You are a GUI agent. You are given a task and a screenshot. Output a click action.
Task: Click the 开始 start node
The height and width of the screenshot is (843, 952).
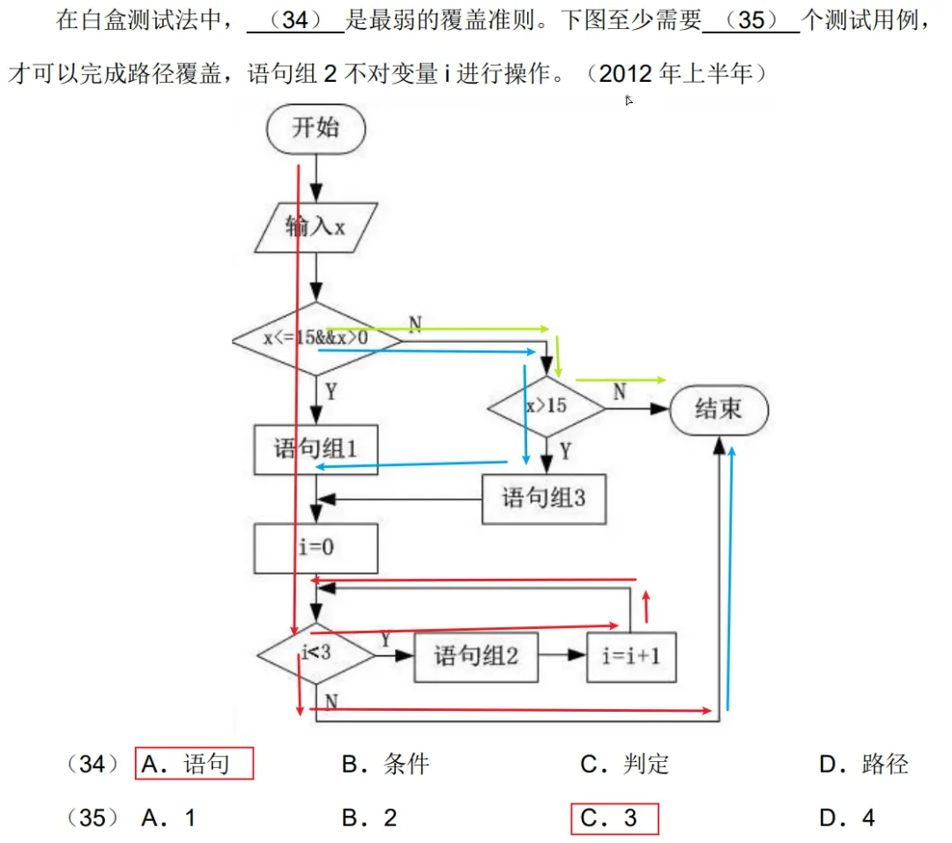(x=315, y=129)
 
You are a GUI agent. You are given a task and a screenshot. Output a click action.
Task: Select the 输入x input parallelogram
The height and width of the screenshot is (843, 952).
(x=315, y=226)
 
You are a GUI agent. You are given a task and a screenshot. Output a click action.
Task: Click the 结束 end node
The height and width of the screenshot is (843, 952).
(x=718, y=410)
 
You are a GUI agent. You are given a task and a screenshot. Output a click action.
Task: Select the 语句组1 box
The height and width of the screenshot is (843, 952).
(x=316, y=450)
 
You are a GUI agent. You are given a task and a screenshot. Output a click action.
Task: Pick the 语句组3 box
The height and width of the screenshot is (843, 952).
(x=544, y=499)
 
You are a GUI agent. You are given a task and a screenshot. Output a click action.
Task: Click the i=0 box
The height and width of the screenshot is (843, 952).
(x=316, y=548)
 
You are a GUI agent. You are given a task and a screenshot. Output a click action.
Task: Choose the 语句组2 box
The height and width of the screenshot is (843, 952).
(x=475, y=656)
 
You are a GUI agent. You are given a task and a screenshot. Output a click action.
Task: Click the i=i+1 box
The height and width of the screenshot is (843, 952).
(x=631, y=656)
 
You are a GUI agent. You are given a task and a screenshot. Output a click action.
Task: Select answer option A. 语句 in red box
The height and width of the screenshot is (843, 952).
(x=194, y=764)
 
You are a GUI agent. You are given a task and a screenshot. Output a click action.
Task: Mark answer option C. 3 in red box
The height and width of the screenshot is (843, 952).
(x=614, y=818)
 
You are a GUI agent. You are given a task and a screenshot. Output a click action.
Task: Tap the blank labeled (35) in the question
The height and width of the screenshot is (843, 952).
(x=752, y=20)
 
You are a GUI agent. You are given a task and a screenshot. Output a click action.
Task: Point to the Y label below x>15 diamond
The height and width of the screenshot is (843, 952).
(x=565, y=452)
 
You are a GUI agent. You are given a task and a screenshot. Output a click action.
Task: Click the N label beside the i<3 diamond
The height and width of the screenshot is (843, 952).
(x=331, y=701)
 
